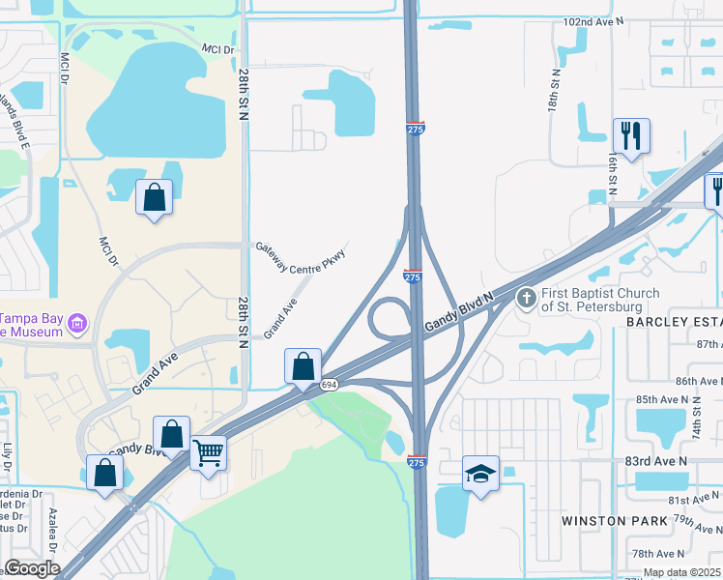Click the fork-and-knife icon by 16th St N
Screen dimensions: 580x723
pos(631,136)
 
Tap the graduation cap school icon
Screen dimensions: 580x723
pos(480,475)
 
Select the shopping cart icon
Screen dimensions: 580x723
pos(209,453)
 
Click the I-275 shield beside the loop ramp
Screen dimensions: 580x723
pos(413,277)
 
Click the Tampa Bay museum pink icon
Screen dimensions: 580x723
pos(79,322)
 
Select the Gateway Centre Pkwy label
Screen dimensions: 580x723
pos(301,260)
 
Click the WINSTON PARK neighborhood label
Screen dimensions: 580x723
pos(616,521)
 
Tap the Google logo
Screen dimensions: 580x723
pos(33,568)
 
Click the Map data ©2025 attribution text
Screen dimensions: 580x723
pos(681,572)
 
